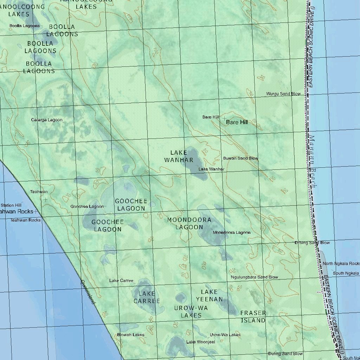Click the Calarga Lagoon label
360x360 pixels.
47,120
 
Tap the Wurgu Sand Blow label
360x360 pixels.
283,94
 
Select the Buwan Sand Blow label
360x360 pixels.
240,158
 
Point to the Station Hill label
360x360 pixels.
11,205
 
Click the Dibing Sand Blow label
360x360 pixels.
312,243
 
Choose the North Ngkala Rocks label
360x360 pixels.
341,264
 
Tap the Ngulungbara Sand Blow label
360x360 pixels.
255,277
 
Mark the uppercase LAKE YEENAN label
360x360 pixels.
210,296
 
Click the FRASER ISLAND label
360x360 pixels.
253,316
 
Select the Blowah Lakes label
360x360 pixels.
131,335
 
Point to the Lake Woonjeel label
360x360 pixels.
201,342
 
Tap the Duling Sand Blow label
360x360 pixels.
285,354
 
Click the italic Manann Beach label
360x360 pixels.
312,162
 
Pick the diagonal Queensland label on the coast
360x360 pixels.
88,292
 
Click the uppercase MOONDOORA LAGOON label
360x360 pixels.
189,224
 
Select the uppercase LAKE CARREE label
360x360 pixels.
147,297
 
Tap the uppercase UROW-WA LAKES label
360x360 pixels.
191,312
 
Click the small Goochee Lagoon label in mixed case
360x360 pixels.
87,206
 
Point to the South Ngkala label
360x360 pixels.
346,273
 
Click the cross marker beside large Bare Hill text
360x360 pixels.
225,120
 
